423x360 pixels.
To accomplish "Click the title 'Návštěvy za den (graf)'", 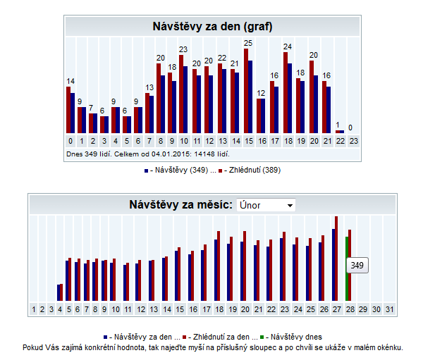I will [x=212, y=27].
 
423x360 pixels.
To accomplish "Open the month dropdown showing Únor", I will [x=266, y=205].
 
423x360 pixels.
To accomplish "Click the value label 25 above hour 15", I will [x=247, y=43].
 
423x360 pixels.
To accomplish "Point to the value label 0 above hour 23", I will [x=350, y=128].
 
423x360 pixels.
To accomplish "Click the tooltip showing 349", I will [x=357, y=266].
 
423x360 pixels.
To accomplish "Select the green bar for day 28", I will [x=346, y=268].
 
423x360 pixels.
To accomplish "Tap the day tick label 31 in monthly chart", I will [x=390, y=309].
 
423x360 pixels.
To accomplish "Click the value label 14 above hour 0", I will [x=70, y=82].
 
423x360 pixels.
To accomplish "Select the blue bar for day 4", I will [x=59, y=292].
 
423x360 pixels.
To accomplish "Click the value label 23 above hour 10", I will [x=183, y=49].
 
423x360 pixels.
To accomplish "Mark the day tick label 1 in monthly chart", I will [x=33, y=309].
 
